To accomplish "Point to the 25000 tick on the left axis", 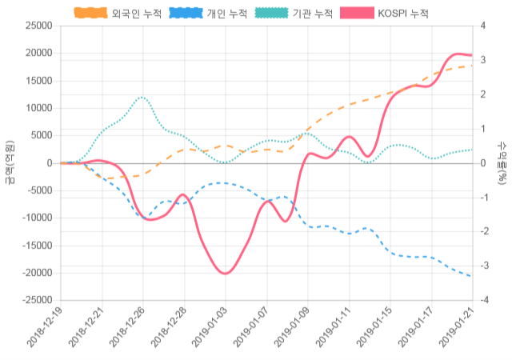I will coord(38,26).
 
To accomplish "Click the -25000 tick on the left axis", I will coord(37,300).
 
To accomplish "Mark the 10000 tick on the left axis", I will coord(38,108).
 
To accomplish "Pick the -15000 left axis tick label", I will coord(37,246).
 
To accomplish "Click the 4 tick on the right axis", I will coord(482,26).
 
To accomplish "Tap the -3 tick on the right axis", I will coord(484,266).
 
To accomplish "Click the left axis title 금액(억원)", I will coord(9,162).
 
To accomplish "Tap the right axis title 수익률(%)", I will coord(502,162).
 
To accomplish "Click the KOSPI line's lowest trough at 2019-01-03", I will coord(225,274).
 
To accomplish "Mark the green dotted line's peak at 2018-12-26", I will coord(142,97).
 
